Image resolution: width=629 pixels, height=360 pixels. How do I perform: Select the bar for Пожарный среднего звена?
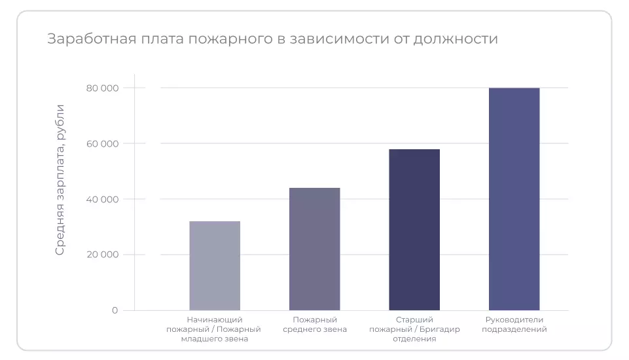coord(315,249)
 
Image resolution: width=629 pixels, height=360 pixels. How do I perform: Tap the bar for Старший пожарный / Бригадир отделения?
coord(414,229)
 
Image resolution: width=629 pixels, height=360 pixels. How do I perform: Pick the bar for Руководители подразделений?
coord(514,198)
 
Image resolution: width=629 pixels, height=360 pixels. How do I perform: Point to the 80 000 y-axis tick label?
coord(102,88)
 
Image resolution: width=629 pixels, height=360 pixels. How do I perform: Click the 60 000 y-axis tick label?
coord(102,143)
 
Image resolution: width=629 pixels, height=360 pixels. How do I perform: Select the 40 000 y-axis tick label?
coord(102,199)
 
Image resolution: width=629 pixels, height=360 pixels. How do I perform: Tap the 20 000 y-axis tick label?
coord(102,255)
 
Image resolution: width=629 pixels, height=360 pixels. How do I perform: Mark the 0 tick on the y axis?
coord(115,310)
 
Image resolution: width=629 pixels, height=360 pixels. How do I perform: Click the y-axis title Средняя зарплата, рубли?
coord(60,179)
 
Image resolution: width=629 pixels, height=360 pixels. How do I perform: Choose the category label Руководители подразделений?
coord(514,324)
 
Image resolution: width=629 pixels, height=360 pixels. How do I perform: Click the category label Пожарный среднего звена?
coord(315,324)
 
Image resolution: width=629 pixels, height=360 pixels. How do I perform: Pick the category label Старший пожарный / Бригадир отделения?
coord(414,329)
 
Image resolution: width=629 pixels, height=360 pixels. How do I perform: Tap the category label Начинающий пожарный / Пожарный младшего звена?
coord(214,329)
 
